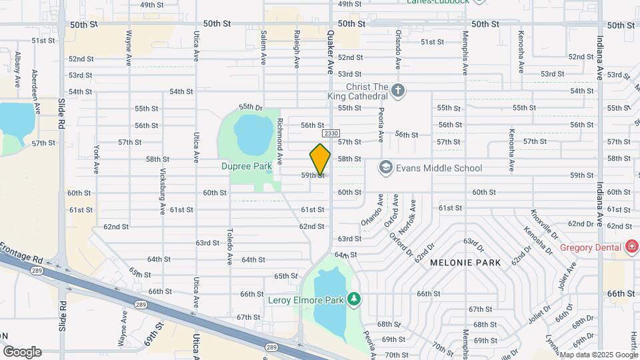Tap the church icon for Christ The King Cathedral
coord(398,91)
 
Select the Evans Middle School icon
coord(385,168)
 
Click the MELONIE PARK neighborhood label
coord(465,263)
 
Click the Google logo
coord(22,352)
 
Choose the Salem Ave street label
coord(264,47)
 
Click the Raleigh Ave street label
coord(297,48)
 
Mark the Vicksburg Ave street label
coord(162,191)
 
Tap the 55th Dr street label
coord(251,107)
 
